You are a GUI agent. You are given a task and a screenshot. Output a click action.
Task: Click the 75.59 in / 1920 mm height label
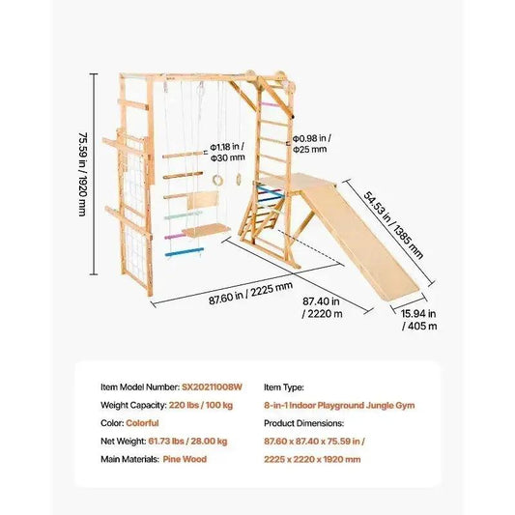pos(82,174)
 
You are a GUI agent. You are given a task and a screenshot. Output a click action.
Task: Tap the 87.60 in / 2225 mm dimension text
pos(250,294)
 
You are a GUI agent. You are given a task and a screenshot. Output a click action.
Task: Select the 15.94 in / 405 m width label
pos(419,320)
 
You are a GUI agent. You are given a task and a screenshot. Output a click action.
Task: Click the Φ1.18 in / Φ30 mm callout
pos(228,152)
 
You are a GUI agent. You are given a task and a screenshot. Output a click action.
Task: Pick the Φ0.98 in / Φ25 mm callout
pos(312,144)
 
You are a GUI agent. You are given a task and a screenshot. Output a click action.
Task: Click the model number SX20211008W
pos(212,386)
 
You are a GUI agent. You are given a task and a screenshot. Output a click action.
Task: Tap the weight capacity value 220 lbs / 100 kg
pos(201,405)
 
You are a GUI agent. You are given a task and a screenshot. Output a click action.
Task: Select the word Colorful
pos(142,423)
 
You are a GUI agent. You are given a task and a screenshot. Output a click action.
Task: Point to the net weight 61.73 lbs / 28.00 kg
pos(187,442)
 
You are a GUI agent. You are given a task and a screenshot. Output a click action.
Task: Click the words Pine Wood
pos(185,459)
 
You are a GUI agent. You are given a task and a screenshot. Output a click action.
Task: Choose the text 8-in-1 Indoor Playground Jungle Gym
pos(339,405)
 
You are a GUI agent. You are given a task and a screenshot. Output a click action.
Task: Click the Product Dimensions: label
pos(303,423)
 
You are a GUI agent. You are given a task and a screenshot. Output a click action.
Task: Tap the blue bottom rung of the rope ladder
pos(185,252)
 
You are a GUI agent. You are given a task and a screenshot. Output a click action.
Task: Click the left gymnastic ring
pos(217,180)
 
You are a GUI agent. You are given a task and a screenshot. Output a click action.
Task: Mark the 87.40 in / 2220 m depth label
pos(322,307)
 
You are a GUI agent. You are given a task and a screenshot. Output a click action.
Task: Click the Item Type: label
pos(284,387)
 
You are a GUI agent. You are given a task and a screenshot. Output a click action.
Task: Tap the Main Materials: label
pos(129,459)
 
